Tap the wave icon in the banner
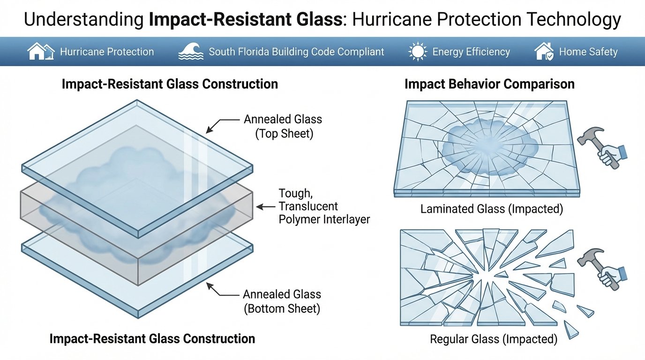pos(190,52)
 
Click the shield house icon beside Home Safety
pos(543,51)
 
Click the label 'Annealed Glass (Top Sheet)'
pos(283,126)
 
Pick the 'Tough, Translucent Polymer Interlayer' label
pos(324,206)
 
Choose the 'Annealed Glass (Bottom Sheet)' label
pos(282,301)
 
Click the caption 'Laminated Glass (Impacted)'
pos(492,209)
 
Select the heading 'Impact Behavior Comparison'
pos(489,84)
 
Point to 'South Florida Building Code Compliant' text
pos(296,52)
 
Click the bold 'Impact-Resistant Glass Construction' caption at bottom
pos(152,338)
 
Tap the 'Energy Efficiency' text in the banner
pos(471,52)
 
